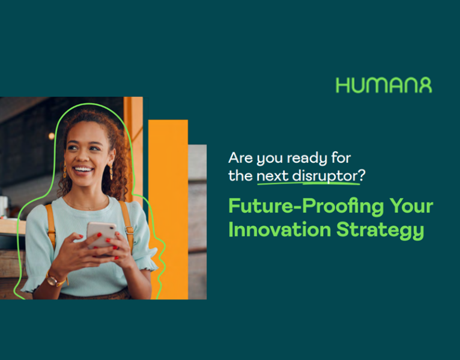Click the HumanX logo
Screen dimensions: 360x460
click(384, 85)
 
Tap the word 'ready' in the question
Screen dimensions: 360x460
click(308, 159)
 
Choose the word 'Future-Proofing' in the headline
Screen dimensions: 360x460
click(298, 207)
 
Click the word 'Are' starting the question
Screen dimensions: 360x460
click(238, 159)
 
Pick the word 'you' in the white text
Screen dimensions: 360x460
click(270, 160)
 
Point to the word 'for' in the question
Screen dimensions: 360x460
click(340, 159)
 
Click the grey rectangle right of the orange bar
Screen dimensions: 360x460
click(198, 222)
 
